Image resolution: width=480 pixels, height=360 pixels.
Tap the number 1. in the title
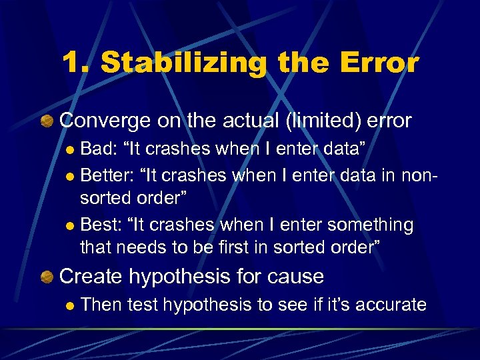coord(75,63)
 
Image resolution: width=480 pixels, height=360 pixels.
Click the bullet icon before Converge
coord(47,121)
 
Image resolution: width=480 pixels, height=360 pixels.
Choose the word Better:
coord(105,176)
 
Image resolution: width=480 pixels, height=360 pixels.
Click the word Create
coord(92,275)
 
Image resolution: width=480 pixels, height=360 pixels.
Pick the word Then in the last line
coord(100,305)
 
